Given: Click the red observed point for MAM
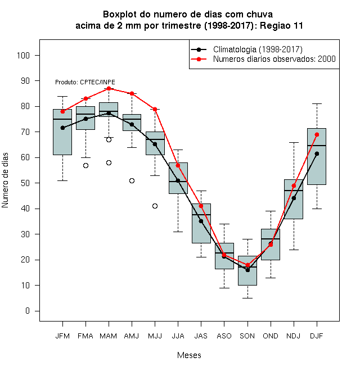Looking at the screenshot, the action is click(109, 88).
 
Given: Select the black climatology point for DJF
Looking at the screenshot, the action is click(317, 154).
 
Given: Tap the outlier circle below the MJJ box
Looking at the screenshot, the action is click(155, 206).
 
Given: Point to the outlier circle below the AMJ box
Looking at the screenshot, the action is click(132, 181).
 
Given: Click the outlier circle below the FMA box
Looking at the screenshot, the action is click(85, 166).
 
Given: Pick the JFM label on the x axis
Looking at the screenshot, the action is click(62, 336).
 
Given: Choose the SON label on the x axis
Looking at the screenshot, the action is click(247, 336).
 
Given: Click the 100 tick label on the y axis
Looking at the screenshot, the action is click(23, 55).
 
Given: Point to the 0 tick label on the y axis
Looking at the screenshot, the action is click(28, 311).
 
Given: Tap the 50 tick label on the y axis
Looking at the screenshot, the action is click(25, 183).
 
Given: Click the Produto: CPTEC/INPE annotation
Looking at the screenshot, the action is click(85, 82).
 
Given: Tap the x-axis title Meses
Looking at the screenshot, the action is click(189, 355).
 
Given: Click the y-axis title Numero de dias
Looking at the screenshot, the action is click(5, 180).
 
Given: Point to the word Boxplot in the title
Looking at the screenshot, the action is click(120, 15).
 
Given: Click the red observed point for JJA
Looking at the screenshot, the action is click(178, 165).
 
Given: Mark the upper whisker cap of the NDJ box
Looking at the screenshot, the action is click(294, 142).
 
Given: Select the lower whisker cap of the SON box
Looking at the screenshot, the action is click(247, 298).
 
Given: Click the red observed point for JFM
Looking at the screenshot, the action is click(63, 111).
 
